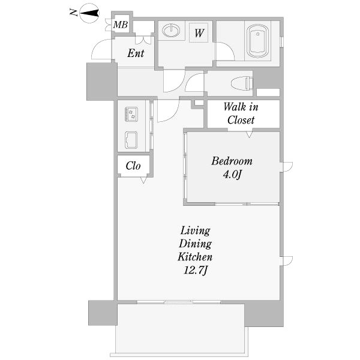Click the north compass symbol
pos(89,13)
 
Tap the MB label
pos(121,25)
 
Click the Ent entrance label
pos(136,53)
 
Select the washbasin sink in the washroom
pos(171,31)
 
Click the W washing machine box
pos(199,33)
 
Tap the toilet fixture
pos(242,83)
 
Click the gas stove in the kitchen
pos(131,115)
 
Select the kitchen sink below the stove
pos(131,140)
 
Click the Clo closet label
pos(133,166)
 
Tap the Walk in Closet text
pos(241,113)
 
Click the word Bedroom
pos(232,161)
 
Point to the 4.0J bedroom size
pos(232,175)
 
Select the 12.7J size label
pos(196,270)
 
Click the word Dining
pos(195,244)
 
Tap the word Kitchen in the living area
pos(195,257)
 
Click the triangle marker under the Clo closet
pos(143,180)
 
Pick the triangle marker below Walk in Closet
pos(250,134)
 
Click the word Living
pos(195,231)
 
